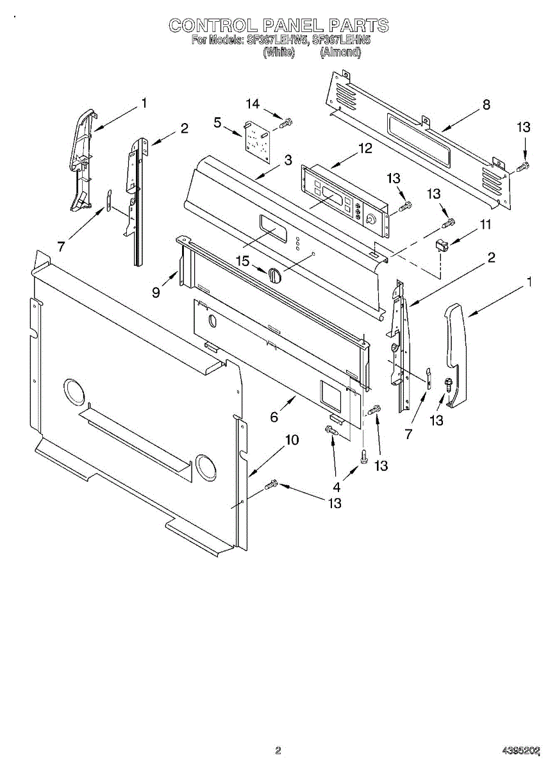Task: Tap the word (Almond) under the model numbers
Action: [x=340, y=53]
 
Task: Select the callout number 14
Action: [x=253, y=104]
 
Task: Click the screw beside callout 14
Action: [x=287, y=120]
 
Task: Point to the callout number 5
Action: [x=219, y=122]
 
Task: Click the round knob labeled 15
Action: [x=274, y=275]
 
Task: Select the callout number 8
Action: [x=486, y=104]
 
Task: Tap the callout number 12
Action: [x=365, y=149]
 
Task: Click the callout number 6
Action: [x=274, y=417]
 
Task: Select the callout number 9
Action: [x=156, y=293]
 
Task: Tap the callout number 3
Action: [x=288, y=160]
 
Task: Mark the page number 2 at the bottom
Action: [x=278, y=750]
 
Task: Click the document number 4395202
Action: [x=520, y=750]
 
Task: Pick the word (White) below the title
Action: [x=279, y=53]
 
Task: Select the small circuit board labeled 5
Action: [x=258, y=140]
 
